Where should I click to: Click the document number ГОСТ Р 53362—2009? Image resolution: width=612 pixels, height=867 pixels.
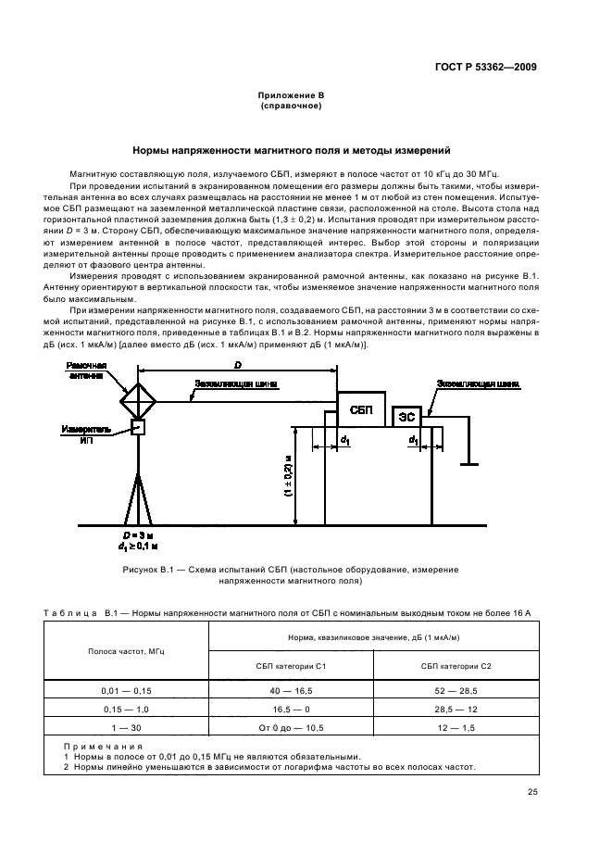[x=488, y=66]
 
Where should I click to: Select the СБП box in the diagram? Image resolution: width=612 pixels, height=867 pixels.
[x=361, y=408]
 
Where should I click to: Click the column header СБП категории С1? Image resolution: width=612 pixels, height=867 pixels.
[x=290, y=666]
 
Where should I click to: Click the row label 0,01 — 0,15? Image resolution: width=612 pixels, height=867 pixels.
[x=125, y=692]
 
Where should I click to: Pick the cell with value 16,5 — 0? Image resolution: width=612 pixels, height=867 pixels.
[x=290, y=709]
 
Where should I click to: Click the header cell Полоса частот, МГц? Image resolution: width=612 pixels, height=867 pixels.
[x=125, y=652]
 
